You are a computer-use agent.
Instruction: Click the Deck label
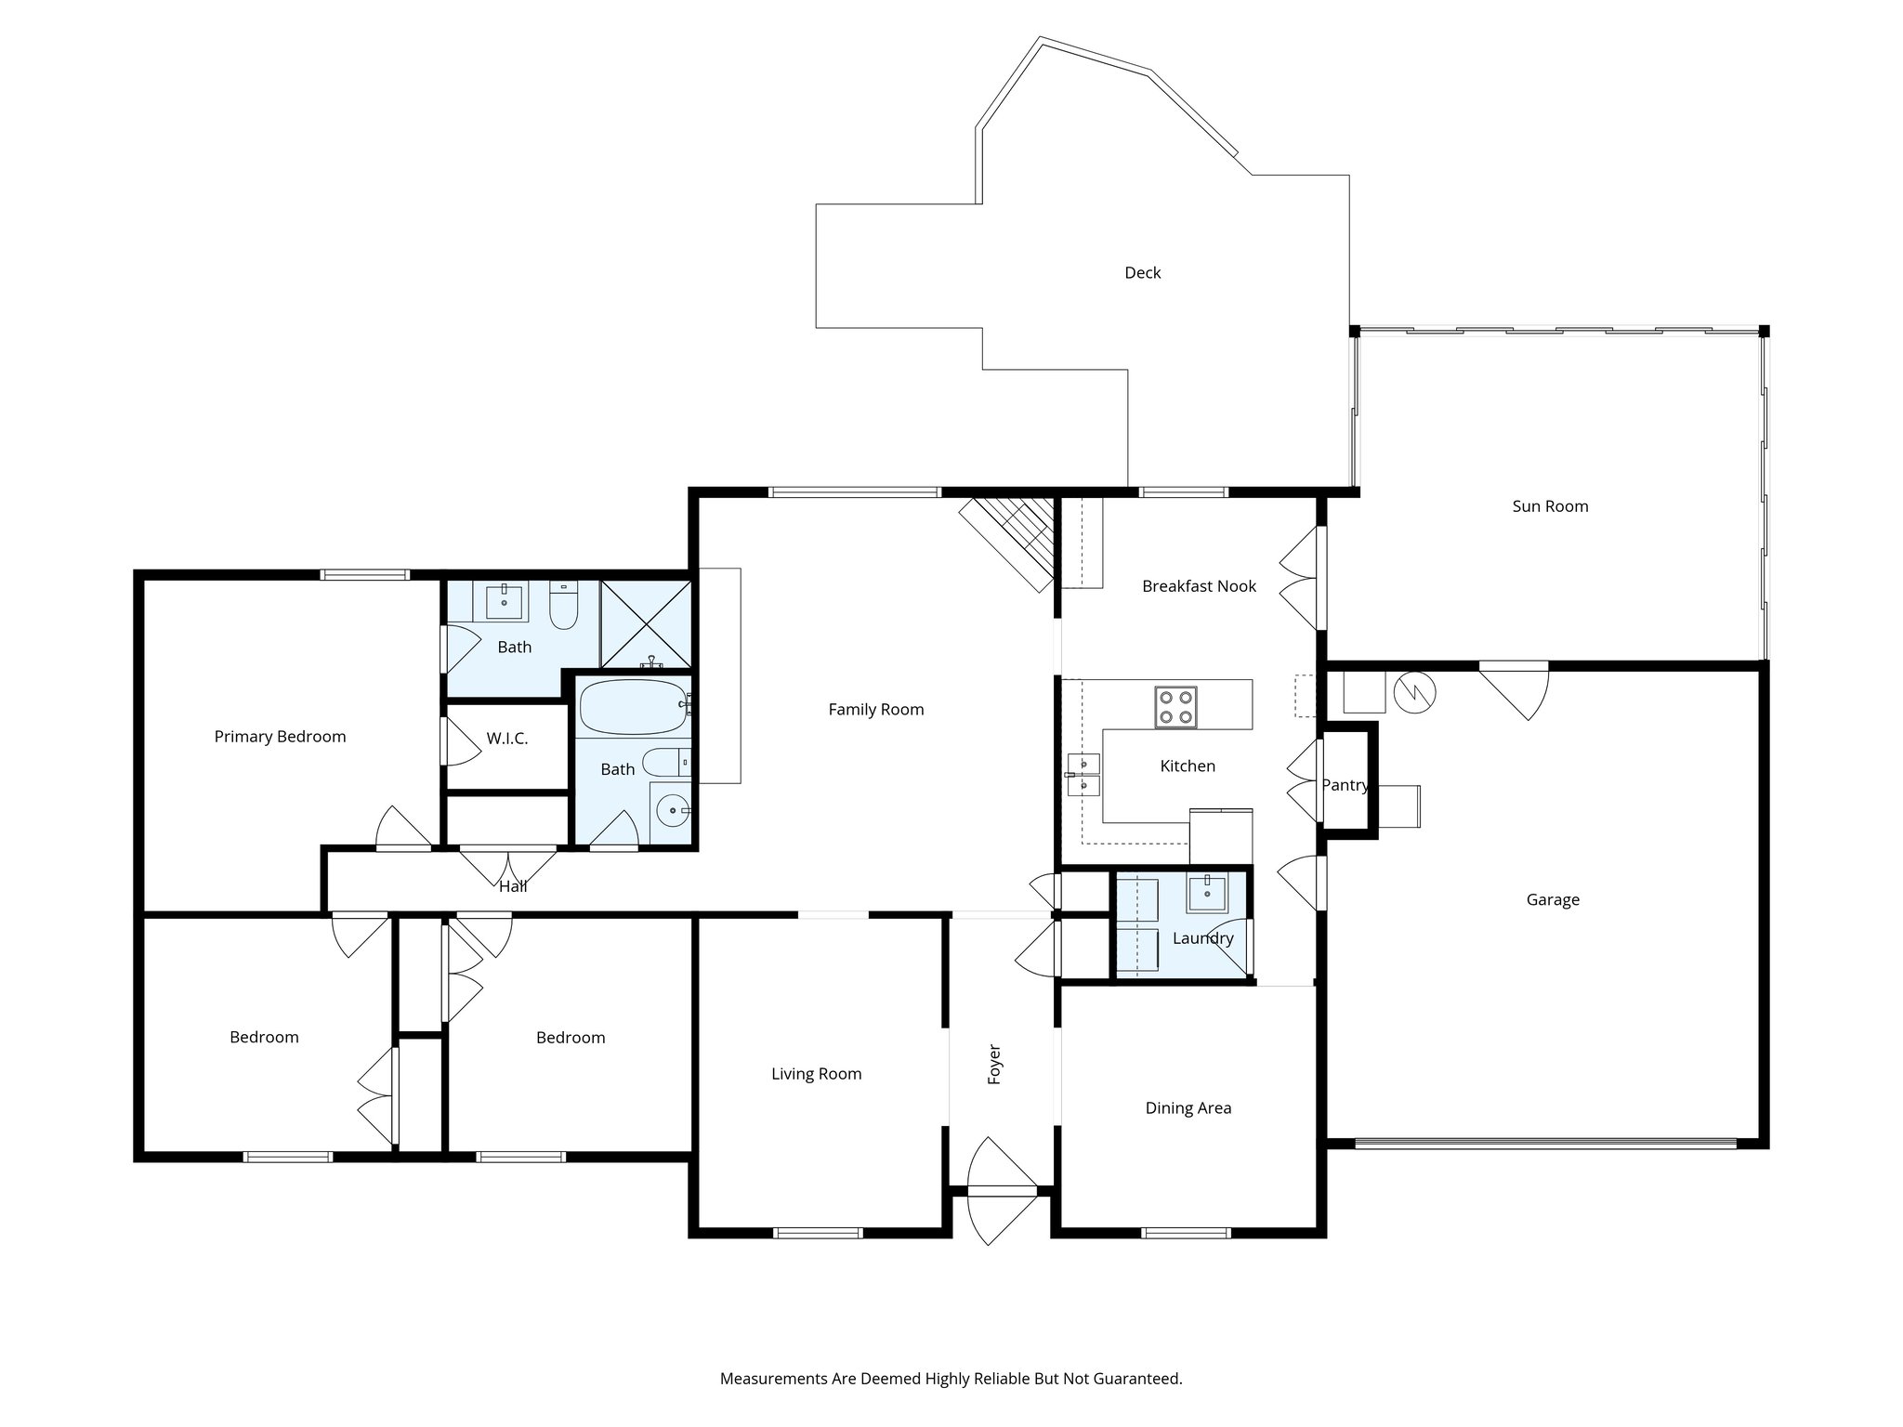(1142, 272)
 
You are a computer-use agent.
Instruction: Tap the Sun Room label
(1550, 506)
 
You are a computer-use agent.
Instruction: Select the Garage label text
(1552, 899)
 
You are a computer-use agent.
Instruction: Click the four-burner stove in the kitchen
(1175, 707)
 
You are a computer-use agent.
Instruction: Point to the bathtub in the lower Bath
(632, 708)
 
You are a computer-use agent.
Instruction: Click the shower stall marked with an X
(646, 624)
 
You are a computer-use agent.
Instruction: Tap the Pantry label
(1345, 785)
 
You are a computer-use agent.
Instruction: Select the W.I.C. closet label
(506, 739)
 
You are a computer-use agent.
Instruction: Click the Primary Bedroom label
(280, 737)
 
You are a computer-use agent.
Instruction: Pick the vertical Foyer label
(994, 1065)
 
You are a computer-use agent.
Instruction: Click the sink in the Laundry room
(1207, 894)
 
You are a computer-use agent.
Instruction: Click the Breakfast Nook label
(1199, 586)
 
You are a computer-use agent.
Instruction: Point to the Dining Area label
(1188, 1107)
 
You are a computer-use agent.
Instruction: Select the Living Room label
(816, 1074)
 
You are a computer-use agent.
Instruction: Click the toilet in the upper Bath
(563, 606)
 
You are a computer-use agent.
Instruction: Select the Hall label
(513, 886)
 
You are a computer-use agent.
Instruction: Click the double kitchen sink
(1083, 775)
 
